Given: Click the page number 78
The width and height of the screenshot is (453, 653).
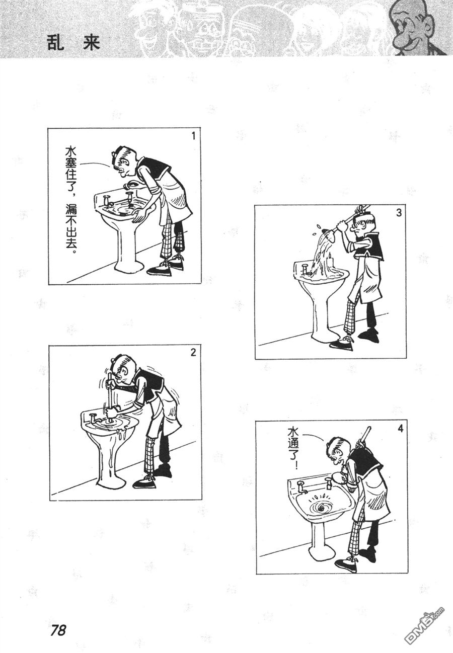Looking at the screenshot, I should [x=58, y=630].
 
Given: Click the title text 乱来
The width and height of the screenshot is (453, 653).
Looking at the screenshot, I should [x=72, y=42].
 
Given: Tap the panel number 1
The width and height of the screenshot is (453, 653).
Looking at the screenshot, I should [x=192, y=136].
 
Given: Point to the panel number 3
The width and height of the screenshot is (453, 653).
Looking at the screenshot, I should [x=398, y=212].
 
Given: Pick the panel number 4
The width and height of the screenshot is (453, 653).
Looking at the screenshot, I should [x=400, y=429].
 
